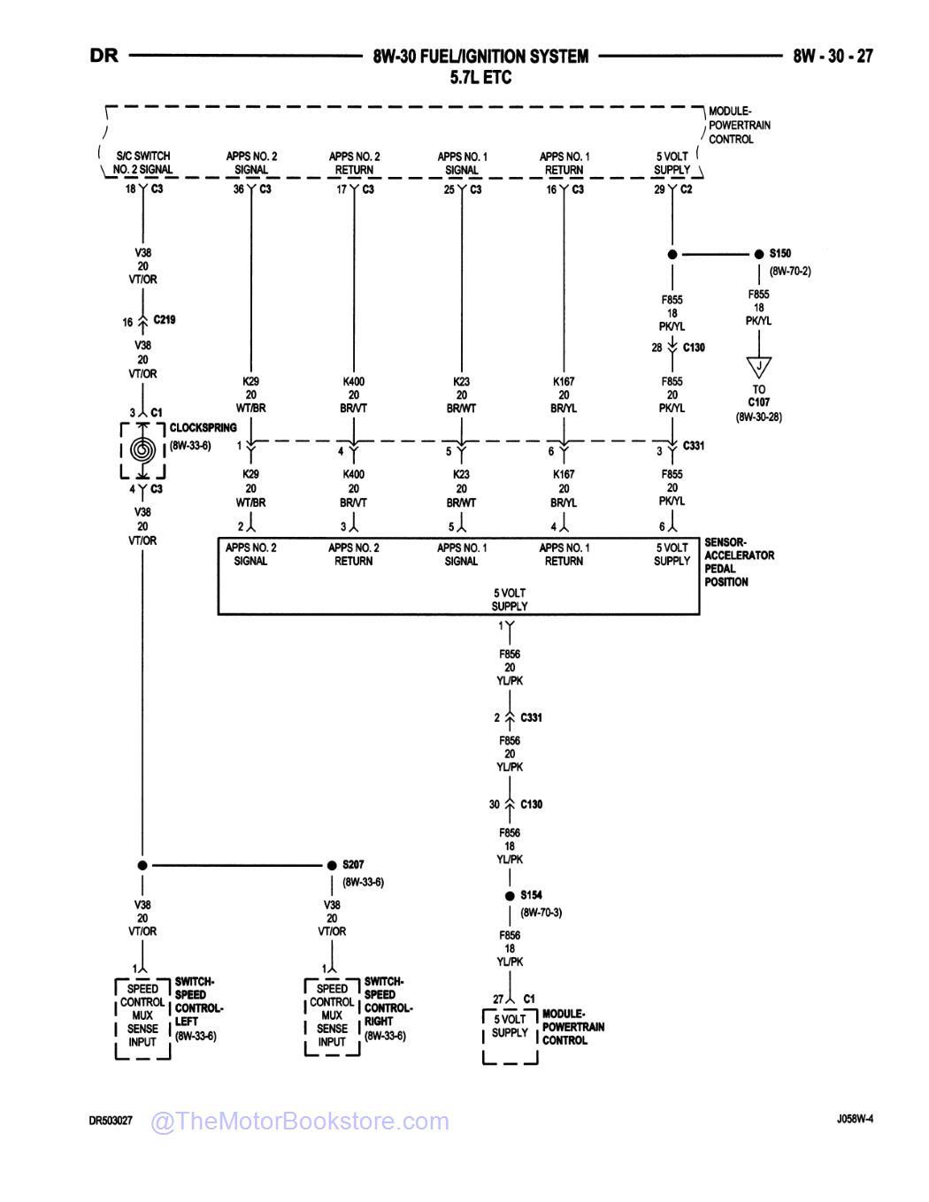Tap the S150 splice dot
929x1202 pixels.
point(758,255)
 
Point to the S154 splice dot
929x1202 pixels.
point(510,896)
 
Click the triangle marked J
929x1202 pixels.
point(758,365)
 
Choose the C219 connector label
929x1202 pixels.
point(164,320)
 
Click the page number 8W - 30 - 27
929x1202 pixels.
point(832,57)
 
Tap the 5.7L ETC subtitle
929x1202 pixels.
point(480,78)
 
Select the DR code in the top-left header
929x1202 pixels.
point(104,56)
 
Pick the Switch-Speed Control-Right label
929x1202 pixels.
point(387,1008)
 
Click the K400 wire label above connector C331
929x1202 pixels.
point(354,394)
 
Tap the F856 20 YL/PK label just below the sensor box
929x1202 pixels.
point(510,668)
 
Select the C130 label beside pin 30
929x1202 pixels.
point(531,805)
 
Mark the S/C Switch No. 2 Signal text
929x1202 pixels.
point(142,163)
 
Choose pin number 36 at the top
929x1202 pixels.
point(238,190)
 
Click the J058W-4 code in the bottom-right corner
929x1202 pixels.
point(854,1119)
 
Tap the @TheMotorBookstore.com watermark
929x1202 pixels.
point(300,1122)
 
